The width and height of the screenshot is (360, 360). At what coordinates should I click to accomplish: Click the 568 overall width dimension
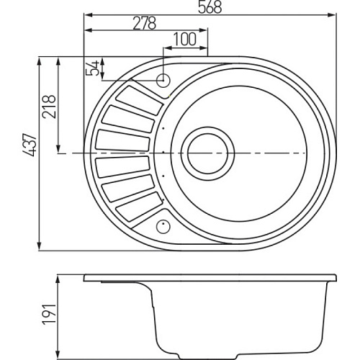point(210,7)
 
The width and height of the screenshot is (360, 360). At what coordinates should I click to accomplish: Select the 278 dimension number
point(145,23)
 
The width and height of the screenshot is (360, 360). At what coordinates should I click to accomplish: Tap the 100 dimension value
point(184,39)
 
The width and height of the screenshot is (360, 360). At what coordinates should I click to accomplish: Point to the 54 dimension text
point(92,68)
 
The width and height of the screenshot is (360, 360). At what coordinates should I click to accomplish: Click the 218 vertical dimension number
point(49,107)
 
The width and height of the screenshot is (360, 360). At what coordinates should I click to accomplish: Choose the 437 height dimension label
point(30,145)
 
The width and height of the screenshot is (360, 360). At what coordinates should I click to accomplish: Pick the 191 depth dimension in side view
point(49,315)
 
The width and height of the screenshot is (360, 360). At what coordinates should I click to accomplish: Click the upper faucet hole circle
point(163,80)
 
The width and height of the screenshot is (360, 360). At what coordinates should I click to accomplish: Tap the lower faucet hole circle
point(163,226)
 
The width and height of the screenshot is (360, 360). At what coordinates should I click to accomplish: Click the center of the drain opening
point(207,153)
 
